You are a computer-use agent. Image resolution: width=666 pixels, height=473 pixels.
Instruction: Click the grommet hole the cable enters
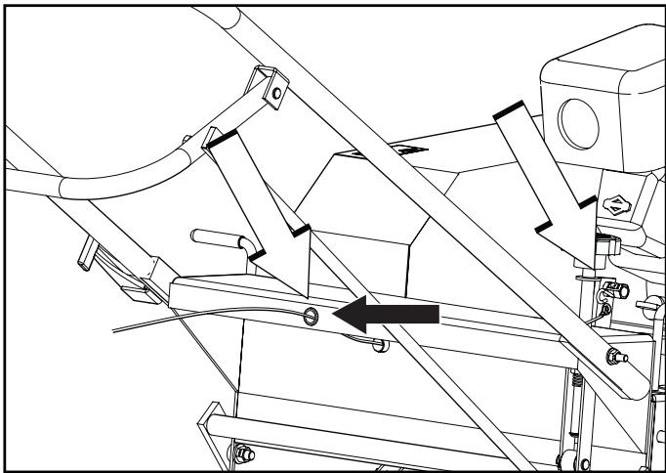click(311, 315)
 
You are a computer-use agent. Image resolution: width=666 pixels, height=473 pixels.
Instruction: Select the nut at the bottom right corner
click(562, 457)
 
